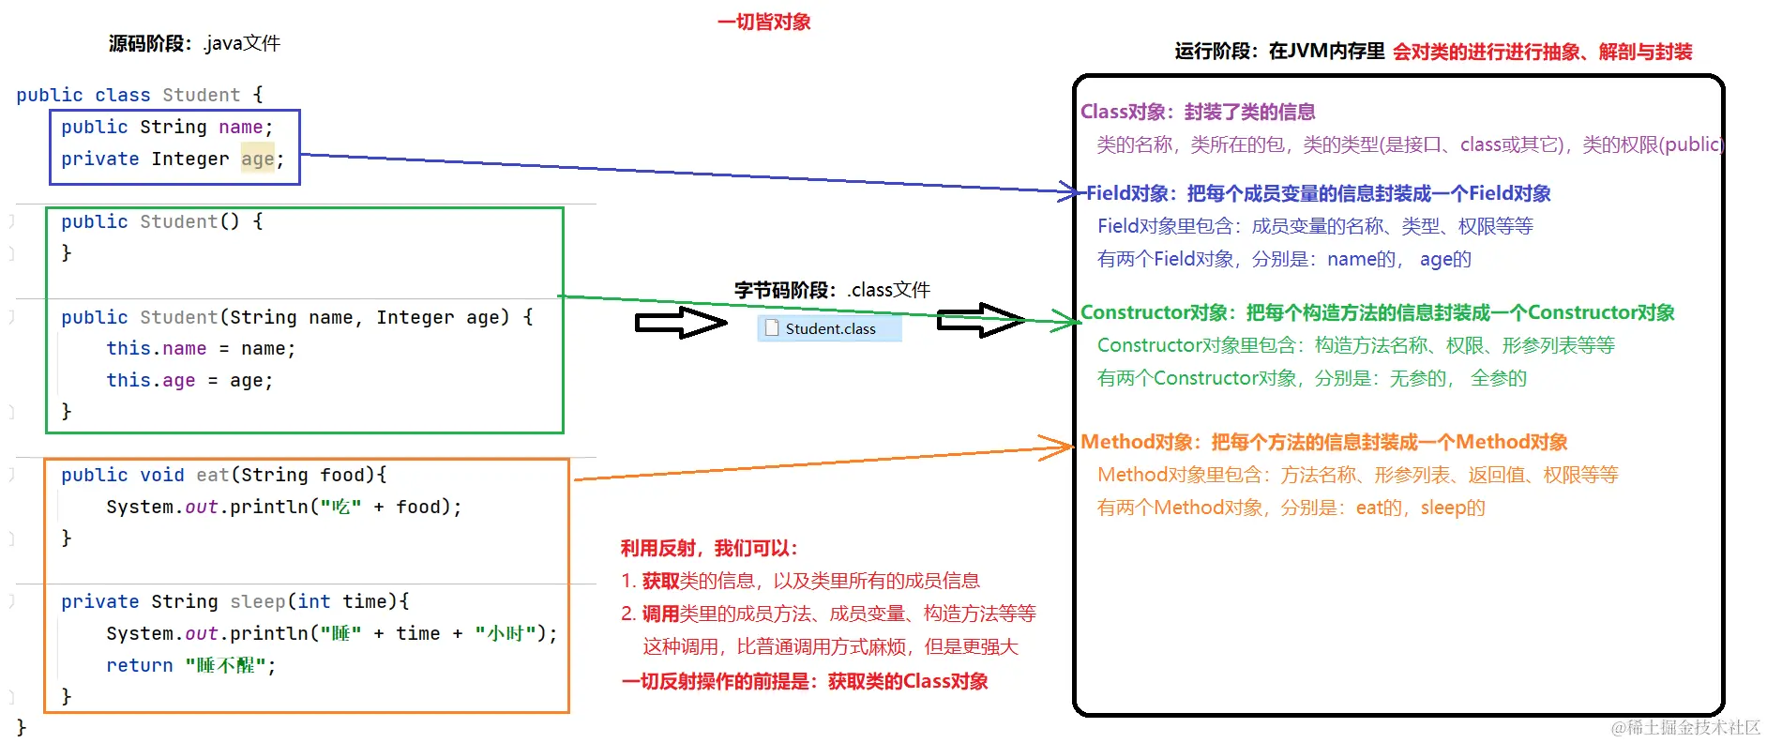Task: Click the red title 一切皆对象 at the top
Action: (763, 22)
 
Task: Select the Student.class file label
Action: (830, 329)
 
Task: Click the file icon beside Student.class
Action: (772, 328)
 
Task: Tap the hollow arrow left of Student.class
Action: (680, 323)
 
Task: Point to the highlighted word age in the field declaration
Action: (257, 159)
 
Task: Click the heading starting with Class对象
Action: (1197, 112)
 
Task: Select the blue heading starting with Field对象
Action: (1318, 193)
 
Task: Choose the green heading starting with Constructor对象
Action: (1377, 312)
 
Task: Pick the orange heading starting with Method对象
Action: (1323, 442)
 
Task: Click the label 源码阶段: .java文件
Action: (194, 43)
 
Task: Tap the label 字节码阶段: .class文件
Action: (832, 290)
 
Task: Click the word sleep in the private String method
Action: (257, 601)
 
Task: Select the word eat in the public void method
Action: (212, 475)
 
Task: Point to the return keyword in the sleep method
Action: (139, 665)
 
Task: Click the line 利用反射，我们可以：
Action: (708, 548)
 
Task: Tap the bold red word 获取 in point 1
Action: (660, 581)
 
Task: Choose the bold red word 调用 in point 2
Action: (660, 614)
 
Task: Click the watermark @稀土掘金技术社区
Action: (1685, 727)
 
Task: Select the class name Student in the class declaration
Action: (201, 95)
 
